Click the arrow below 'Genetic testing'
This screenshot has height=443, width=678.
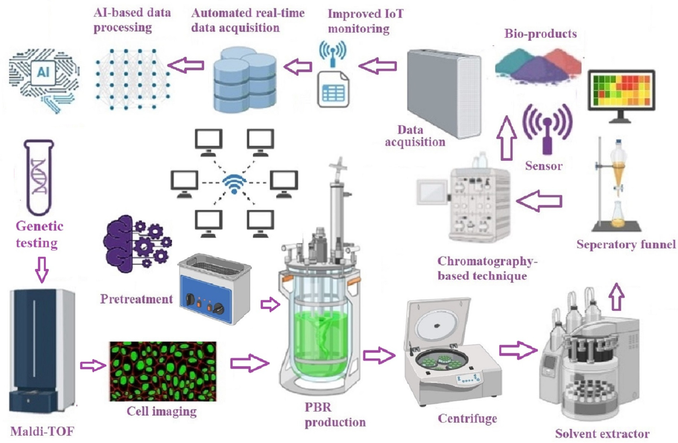[x=42, y=269]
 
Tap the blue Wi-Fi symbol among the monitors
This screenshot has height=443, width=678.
[x=234, y=184]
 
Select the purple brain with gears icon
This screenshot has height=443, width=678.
[x=137, y=244]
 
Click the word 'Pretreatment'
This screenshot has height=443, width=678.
[x=136, y=299]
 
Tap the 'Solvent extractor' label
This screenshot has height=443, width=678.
[x=602, y=434]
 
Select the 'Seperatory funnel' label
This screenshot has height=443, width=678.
[x=626, y=244]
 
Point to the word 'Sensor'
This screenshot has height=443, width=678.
[x=543, y=166]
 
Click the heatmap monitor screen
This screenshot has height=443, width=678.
[x=621, y=90]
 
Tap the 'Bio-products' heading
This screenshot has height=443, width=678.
[x=540, y=34]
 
